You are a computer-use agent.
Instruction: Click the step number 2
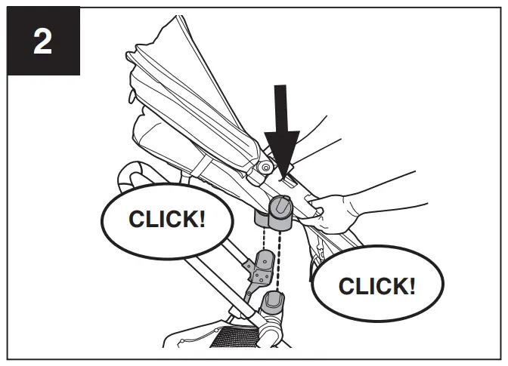coord(42,41)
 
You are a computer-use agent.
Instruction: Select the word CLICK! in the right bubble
coord(376,286)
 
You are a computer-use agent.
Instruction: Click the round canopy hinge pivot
coord(265,166)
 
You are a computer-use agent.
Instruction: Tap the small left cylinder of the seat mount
coord(262,220)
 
